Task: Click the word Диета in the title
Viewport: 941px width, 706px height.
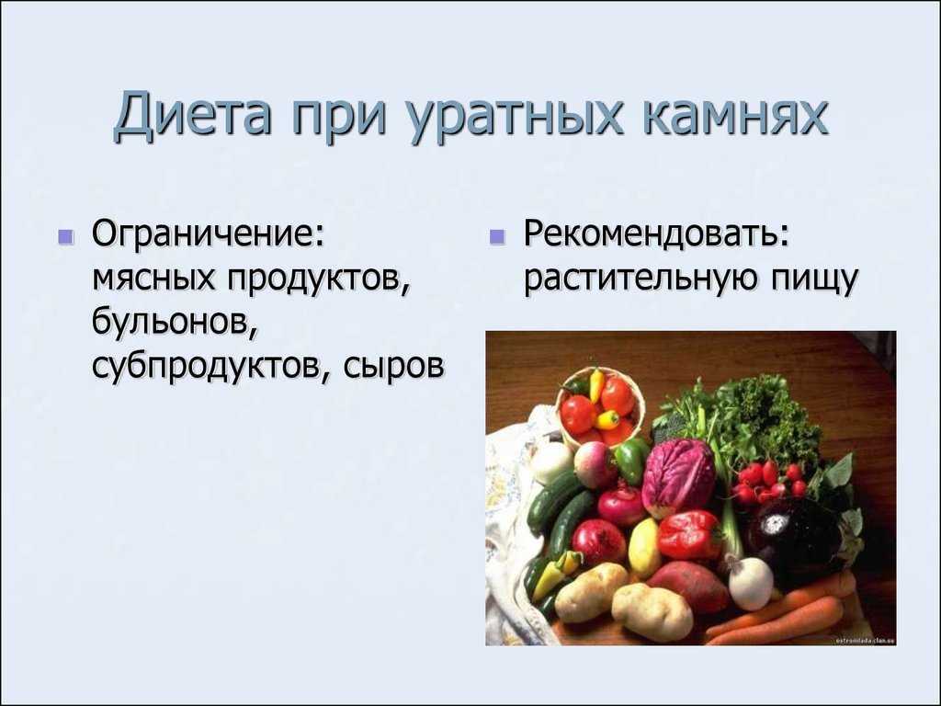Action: [191, 115]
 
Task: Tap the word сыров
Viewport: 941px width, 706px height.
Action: [393, 365]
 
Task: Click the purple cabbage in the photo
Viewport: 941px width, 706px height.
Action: [678, 477]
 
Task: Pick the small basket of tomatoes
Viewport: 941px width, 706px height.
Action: [599, 408]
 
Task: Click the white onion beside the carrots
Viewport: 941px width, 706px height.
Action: [750, 581]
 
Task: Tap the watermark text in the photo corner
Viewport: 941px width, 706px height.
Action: [865, 640]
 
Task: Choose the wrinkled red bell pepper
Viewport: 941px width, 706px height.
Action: [689, 534]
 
